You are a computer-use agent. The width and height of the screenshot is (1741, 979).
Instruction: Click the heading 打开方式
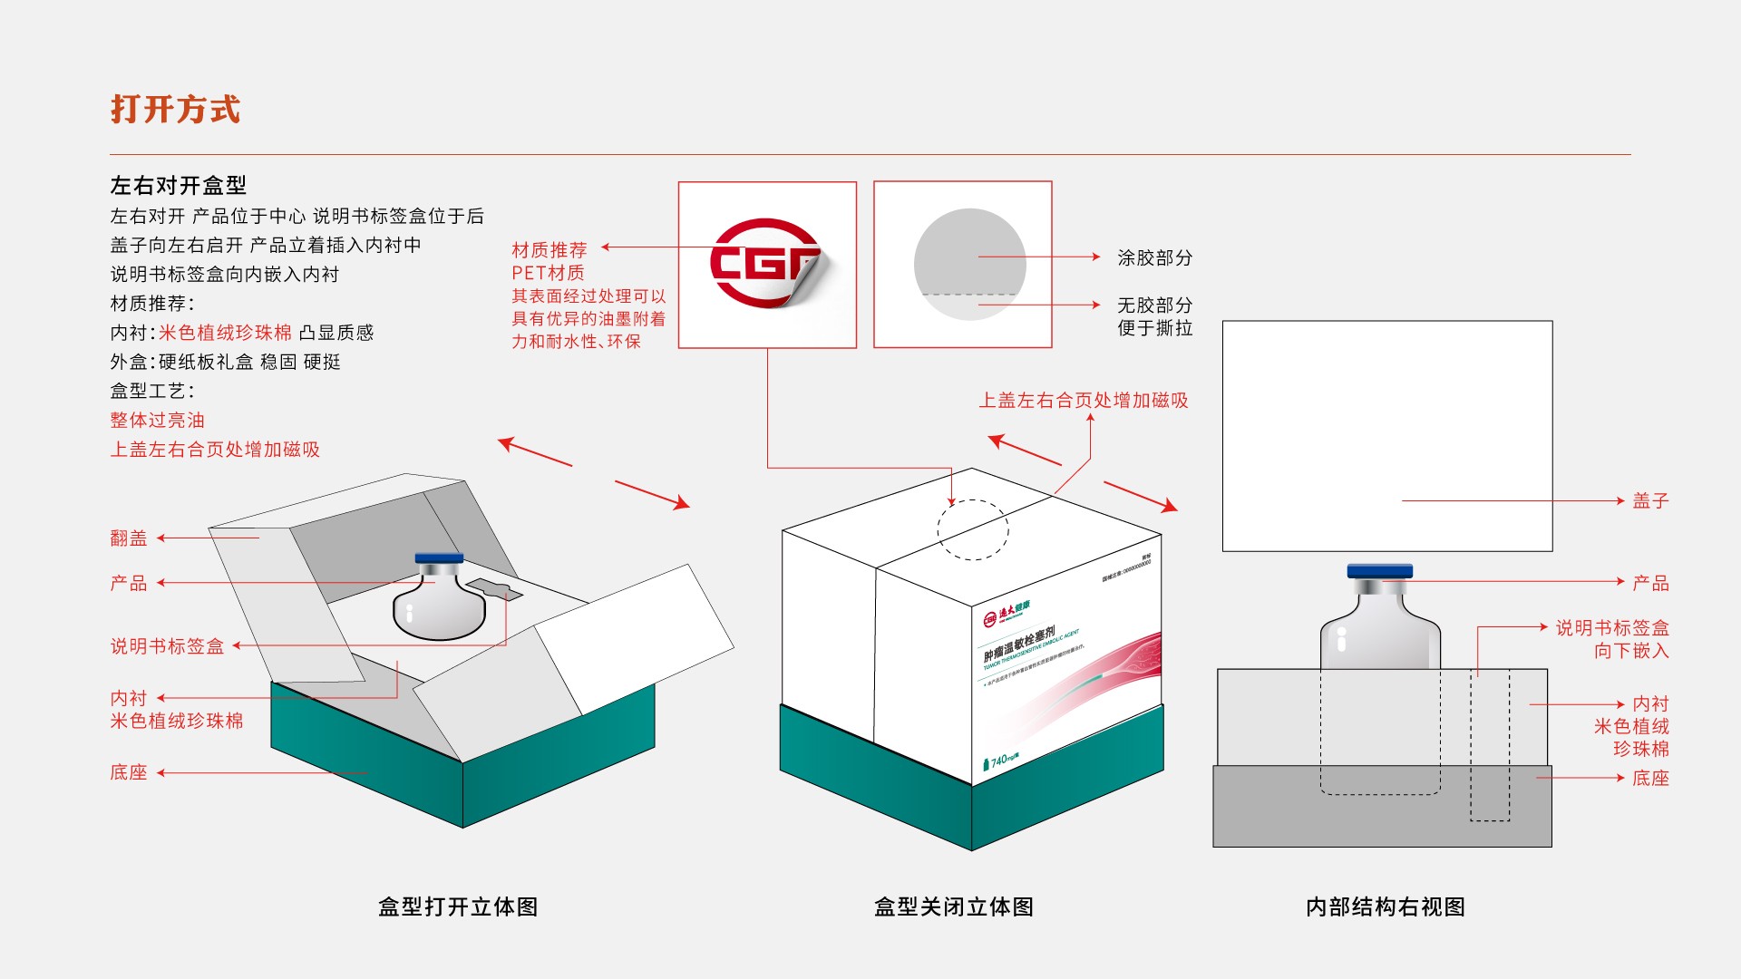click(175, 109)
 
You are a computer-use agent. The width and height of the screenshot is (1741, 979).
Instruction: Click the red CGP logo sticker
click(766, 263)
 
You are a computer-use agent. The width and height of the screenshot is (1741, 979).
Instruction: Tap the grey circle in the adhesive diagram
click(969, 264)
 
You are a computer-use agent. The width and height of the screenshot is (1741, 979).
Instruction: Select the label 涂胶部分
click(1154, 257)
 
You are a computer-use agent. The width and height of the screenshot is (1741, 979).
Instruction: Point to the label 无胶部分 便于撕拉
click(1154, 316)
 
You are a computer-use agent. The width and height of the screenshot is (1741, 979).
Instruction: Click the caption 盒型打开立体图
click(458, 906)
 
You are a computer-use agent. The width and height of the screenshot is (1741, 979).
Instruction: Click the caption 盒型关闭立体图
click(953, 906)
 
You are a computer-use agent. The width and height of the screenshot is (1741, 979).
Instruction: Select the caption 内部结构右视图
click(1385, 906)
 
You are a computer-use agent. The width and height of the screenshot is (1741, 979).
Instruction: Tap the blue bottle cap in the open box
click(439, 558)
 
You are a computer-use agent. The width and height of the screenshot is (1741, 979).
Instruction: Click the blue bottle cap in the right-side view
click(1379, 571)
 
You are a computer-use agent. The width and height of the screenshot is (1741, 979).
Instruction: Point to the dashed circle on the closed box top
click(972, 529)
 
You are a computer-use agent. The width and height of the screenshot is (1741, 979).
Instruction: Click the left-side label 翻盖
click(128, 538)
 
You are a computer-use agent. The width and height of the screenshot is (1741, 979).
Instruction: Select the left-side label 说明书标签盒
click(167, 646)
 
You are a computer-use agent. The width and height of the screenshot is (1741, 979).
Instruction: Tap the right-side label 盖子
click(1650, 500)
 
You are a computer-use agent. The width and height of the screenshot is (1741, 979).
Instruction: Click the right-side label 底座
click(1650, 778)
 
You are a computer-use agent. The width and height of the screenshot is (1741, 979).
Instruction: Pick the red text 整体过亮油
click(157, 420)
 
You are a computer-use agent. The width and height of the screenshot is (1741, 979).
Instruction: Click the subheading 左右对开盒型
click(178, 186)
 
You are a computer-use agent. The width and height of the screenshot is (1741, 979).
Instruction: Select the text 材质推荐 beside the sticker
click(549, 249)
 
